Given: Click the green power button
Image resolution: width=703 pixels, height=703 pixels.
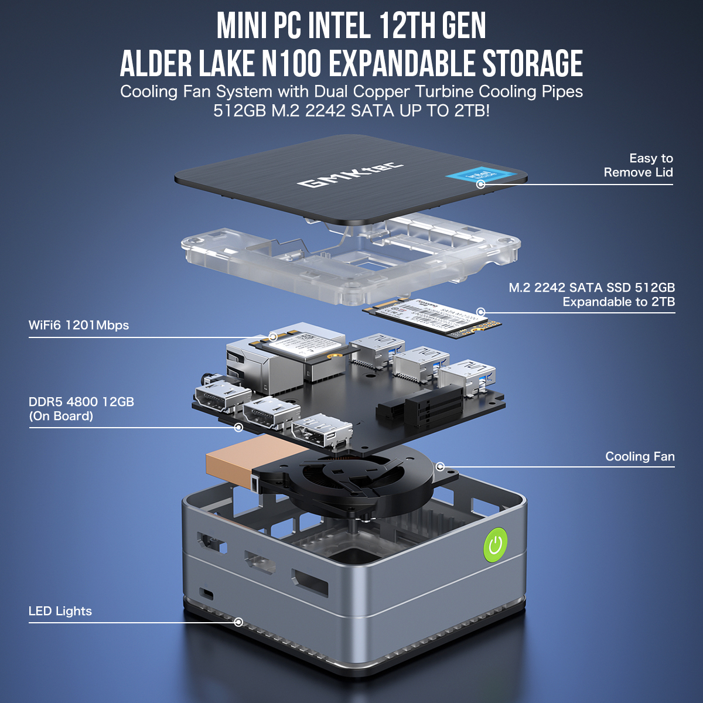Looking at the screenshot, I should coord(496,545).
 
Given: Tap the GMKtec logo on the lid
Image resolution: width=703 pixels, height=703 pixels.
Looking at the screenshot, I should coord(350,175).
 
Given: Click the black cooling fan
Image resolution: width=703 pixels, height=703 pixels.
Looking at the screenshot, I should coord(360,477).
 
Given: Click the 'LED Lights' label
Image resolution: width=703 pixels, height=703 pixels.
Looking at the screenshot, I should coord(60,611).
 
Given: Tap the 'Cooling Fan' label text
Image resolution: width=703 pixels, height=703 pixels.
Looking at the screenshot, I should coord(640,456).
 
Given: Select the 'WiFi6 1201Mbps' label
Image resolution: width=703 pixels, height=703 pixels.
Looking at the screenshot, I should coord(79,325).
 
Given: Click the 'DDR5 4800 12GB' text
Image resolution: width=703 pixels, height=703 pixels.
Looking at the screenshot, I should coord(81,402).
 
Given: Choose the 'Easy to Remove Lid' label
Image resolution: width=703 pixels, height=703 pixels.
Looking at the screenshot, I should coord(639,165).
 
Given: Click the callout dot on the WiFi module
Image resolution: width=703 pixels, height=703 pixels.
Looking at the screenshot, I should coord(273,337).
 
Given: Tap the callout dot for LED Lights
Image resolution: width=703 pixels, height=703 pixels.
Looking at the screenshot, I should coord(238,622).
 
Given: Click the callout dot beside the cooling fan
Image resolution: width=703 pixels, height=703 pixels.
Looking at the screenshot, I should coord(441,467).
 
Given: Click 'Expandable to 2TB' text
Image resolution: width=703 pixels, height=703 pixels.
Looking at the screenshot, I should coord(619,302).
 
